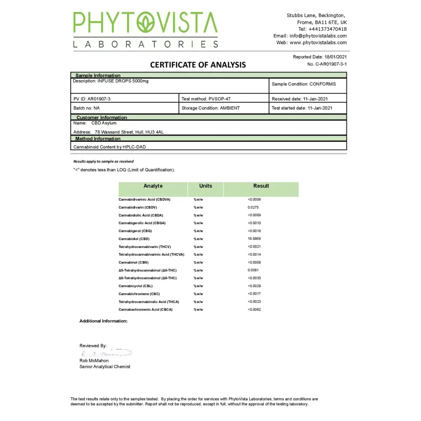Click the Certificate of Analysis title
pyautogui.click(x=198, y=65)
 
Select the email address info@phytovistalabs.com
pyautogui.click(x=318, y=36)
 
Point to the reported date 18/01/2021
pyautogui.click(x=336, y=57)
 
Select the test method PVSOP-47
pyautogui.click(x=219, y=99)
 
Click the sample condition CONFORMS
pyautogui.click(x=322, y=84)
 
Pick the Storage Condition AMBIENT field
pyautogui.click(x=210, y=108)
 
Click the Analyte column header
pyautogui.click(x=153, y=186)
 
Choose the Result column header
pyautogui.click(x=261, y=186)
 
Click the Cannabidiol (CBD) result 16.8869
pyautogui.click(x=254, y=239)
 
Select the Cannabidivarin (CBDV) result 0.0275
pyautogui.click(x=253, y=207)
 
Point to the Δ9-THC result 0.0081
pyautogui.click(x=253, y=270)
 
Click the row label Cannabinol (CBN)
pyautogui.click(x=133, y=262)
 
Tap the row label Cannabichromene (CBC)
pyautogui.click(x=139, y=294)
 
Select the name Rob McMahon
pyautogui.click(x=94, y=361)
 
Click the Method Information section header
pyautogui.click(x=98, y=139)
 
